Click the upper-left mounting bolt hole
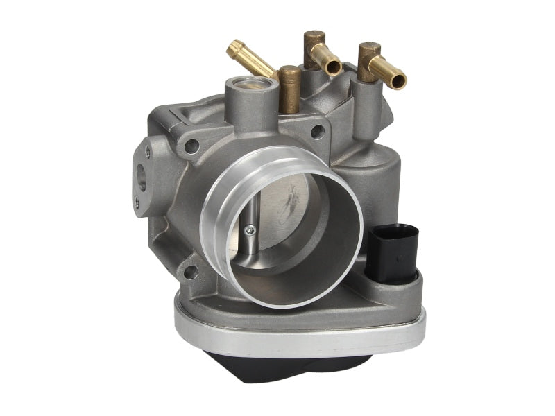tap(192, 145)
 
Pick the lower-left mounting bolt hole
tap(189, 272)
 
